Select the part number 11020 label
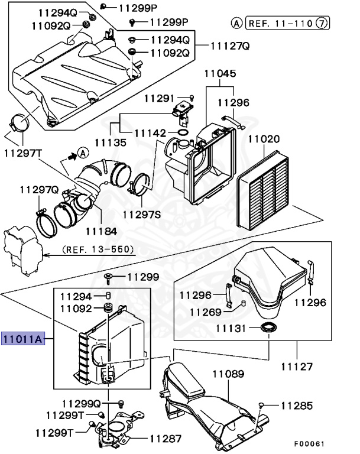coord(263,140)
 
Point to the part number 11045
coord(220,74)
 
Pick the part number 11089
coord(228,374)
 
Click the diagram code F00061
coord(309,443)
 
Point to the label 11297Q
coord(38,190)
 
